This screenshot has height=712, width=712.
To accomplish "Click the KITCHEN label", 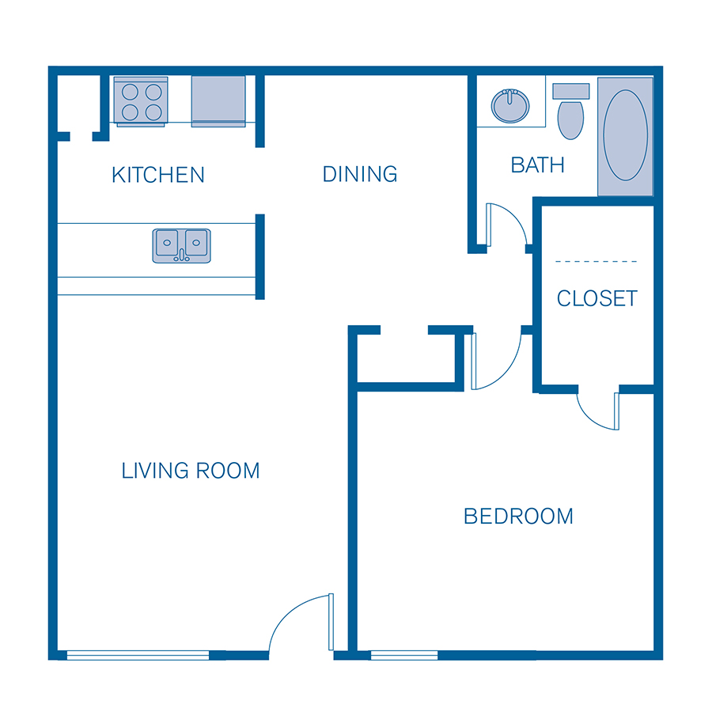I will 158,174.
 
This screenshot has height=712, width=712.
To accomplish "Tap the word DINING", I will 360,173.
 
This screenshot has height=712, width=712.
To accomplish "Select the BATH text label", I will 538,165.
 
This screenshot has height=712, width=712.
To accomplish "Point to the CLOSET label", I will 597,298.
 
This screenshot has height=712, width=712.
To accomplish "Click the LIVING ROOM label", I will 191,471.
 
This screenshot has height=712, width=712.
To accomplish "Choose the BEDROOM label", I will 518,517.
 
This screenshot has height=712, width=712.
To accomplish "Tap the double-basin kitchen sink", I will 182,245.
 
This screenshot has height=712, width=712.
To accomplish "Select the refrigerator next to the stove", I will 218,100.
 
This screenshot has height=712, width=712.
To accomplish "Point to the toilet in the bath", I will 570,112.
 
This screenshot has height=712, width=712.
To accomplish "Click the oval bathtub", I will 625,135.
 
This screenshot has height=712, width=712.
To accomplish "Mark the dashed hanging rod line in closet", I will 596,261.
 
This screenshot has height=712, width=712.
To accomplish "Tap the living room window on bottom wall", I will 138,655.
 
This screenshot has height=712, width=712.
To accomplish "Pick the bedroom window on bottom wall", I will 403,655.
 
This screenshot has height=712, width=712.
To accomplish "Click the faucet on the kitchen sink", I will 182,255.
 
